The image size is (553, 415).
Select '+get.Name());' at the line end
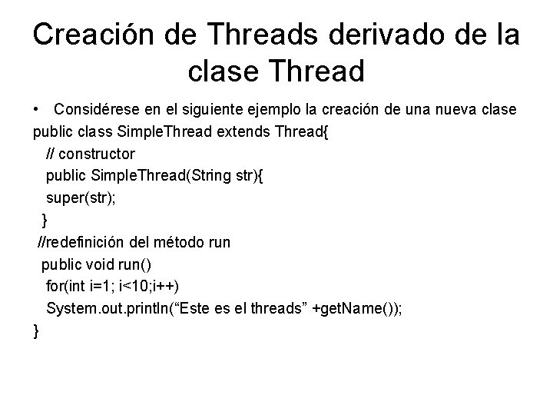[x=363, y=308]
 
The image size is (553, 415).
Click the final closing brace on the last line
[x=36, y=331]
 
